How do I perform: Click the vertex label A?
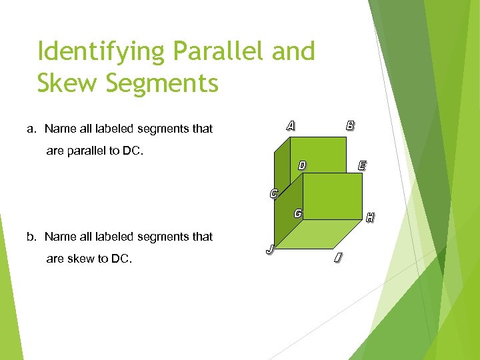(291, 125)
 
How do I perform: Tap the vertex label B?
(350, 125)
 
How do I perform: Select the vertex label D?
(302, 165)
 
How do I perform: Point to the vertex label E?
(361, 165)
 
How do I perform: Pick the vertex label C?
(273, 195)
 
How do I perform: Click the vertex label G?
(298, 213)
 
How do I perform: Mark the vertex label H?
(369, 217)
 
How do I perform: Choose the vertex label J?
(269, 249)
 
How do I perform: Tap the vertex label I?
(339, 257)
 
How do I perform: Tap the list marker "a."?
(31, 129)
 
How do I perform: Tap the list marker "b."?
(31, 237)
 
